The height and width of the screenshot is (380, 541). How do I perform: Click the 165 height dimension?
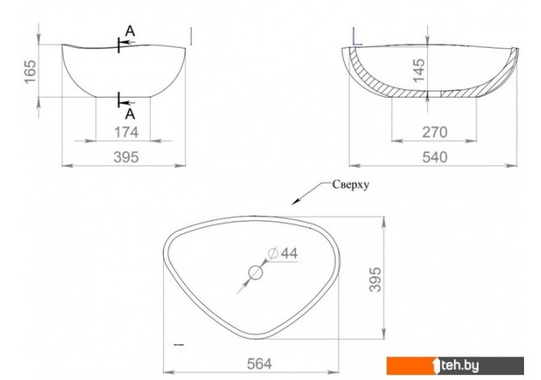point(30,71)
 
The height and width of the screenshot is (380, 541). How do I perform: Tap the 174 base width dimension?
point(126,132)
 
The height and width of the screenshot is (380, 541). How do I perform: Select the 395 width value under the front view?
point(126,157)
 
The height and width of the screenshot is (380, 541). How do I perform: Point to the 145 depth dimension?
point(419,70)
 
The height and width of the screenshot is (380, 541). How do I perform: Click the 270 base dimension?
point(434,132)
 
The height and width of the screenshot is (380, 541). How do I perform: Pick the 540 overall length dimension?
point(434,157)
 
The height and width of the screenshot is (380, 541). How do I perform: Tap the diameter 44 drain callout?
point(283,253)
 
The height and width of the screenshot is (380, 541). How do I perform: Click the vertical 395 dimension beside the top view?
point(375,279)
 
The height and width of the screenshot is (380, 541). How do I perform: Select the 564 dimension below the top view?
point(259,364)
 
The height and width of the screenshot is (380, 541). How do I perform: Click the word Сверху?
point(350,185)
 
